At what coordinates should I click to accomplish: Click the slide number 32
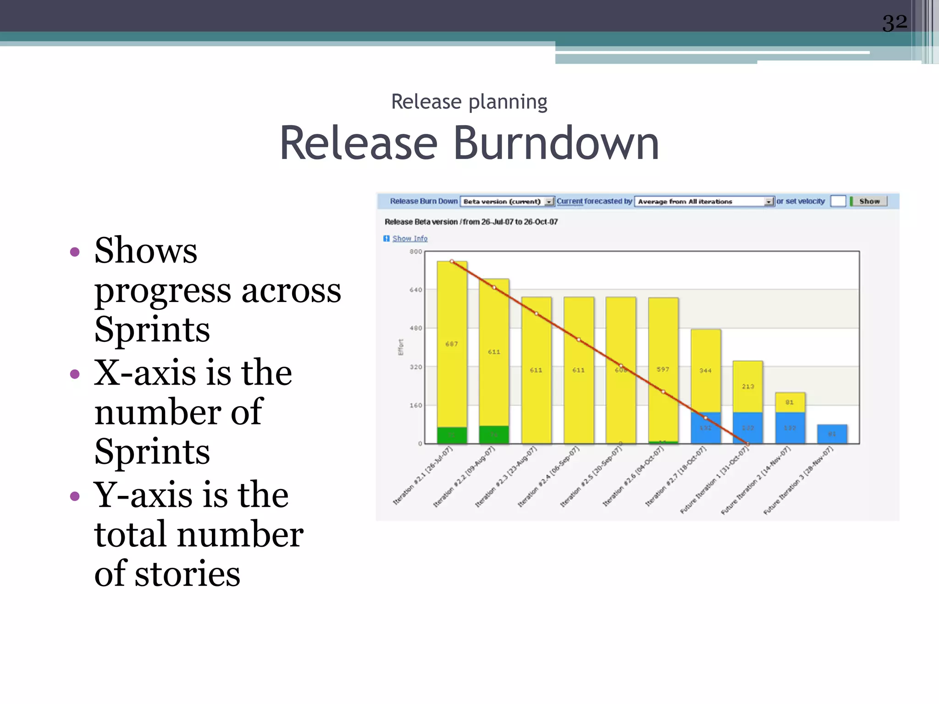tap(895, 22)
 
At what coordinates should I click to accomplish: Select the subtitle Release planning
tap(469, 102)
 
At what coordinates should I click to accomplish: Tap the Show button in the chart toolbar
tap(869, 201)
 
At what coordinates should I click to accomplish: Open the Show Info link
tap(409, 238)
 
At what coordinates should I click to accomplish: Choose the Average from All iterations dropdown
tap(704, 202)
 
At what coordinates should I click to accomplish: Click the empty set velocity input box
tap(838, 201)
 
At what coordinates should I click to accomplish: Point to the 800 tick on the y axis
tap(415, 252)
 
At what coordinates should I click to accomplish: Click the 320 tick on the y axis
tap(415, 367)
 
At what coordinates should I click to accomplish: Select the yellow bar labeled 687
tap(452, 344)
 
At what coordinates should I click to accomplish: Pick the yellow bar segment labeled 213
tap(748, 386)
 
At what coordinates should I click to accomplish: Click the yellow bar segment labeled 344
tap(706, 370)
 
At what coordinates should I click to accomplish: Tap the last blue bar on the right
tap(832, 434)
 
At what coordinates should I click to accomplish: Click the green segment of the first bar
tap(452, 435)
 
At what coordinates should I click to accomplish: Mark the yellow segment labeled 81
tap(790, 402)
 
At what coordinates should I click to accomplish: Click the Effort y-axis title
tap(401, 347)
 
